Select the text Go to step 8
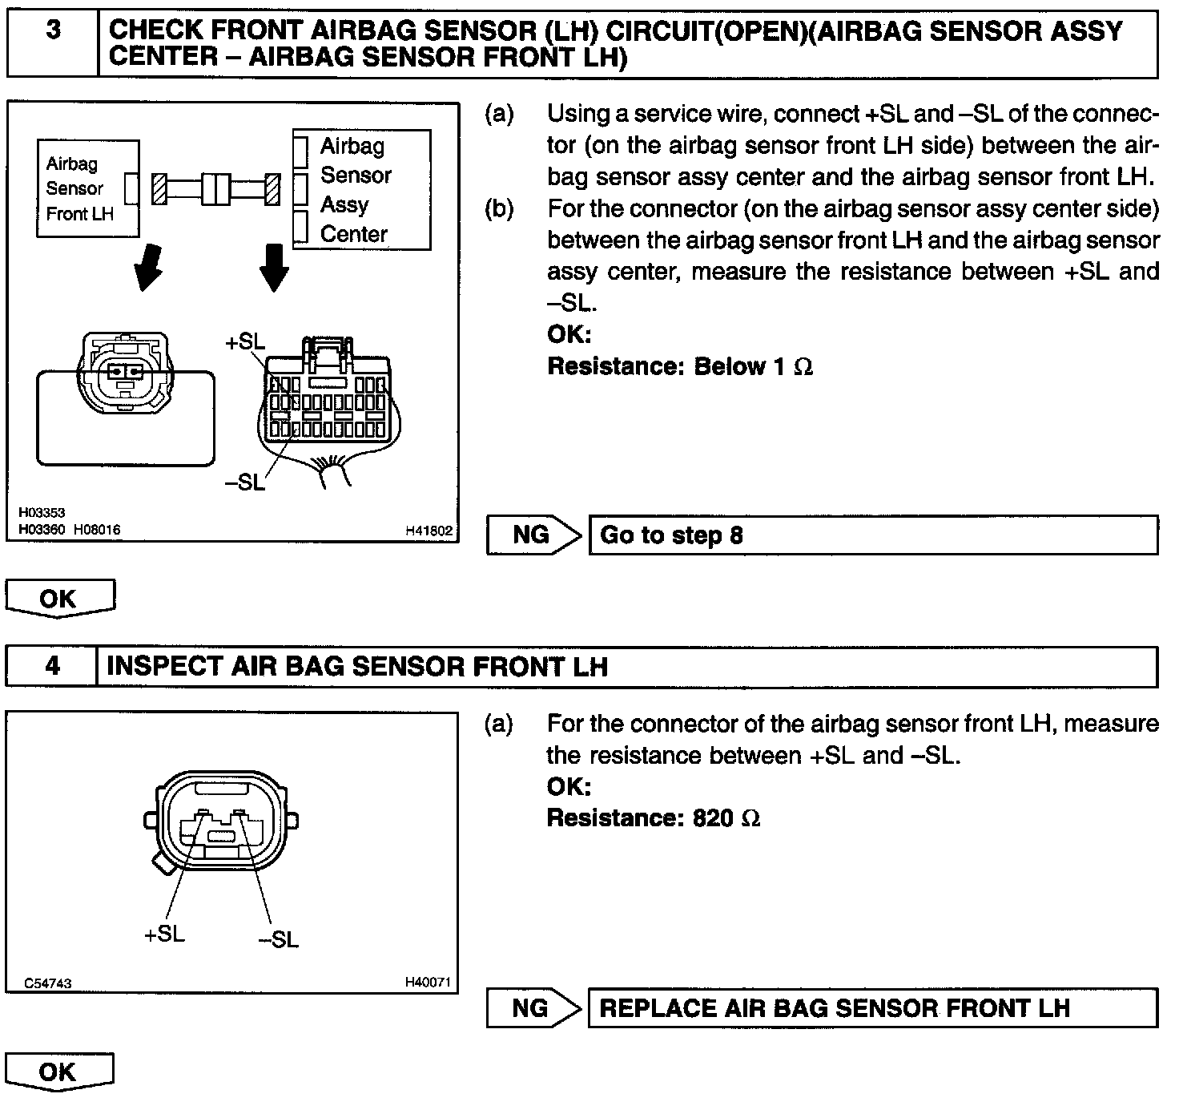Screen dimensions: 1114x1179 (671, 535)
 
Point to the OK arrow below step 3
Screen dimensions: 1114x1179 (60, 599)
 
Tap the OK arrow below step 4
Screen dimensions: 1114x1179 (59, 1072)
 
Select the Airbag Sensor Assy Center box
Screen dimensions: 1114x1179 (362, 190)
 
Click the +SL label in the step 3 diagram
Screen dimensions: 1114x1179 (244, 341)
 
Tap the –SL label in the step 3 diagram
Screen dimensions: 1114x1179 (243, 481)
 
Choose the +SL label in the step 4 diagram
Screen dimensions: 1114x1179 (163, 934)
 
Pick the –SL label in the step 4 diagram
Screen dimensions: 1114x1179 (278, 939)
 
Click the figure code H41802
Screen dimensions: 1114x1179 (429, 531)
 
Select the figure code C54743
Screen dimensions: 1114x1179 (48, 983)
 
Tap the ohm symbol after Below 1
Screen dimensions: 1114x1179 (803, 367)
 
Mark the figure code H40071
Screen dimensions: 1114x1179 (428, 982)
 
